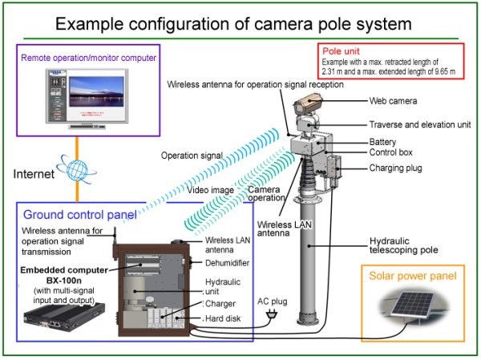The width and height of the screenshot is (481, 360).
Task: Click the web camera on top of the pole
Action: tap(308, 104)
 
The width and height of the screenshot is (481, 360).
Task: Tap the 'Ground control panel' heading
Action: tap(79, 215)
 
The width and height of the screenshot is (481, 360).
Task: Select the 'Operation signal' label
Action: tap(189, 156)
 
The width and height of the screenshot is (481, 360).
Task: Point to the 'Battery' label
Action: tap(384, 140)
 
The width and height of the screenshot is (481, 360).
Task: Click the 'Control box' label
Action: tap(390, 152)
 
